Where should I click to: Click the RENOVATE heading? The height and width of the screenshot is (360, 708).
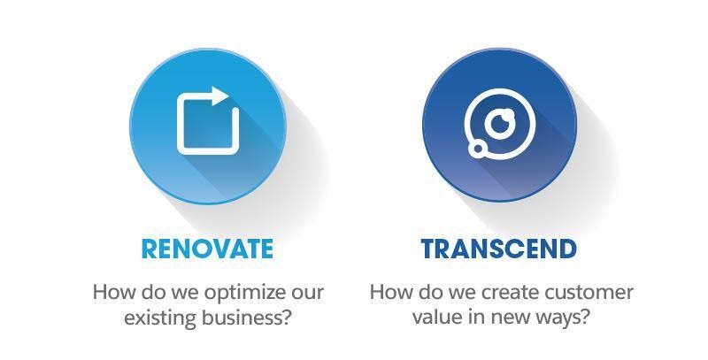click(207, 249)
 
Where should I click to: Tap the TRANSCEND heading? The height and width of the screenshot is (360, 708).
click(499, 249)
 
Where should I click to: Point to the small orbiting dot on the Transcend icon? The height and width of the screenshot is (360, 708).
click(477, 149)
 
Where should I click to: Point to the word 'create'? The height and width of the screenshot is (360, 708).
click(509, 292)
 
